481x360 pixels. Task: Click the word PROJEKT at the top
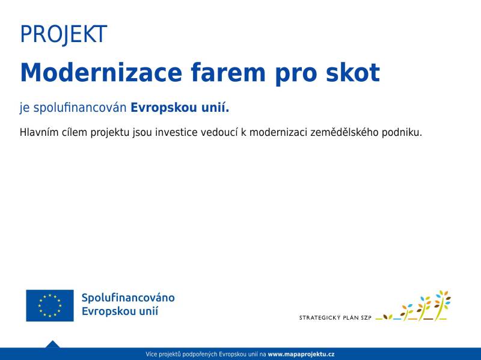pyautogui.click(x=64, y=34)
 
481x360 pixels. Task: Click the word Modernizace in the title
pyautogui.click(x=101, y=73)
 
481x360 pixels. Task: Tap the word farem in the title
pyautogui.click(x=228, y=73)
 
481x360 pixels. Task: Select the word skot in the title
pyautogui.click(x=353, y=73)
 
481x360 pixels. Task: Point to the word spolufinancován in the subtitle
pyautogui.click(x=80, y=108)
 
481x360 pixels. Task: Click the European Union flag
pyautogui.click(x=50, y=305)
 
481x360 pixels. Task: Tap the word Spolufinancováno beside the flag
pyautogui.click(x=128, y=297)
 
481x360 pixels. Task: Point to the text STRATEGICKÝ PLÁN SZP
pyautogui.click(x=335, y=318)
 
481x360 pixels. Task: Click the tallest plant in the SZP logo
pyautogui.click(x=442, y=305)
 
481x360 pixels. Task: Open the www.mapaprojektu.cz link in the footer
pyautogui.click(x=301, y=354)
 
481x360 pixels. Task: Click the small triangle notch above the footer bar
pyautogui.click(x=52, y=344)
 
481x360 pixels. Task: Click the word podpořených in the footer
pyautogui.click(x=200, y=355)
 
